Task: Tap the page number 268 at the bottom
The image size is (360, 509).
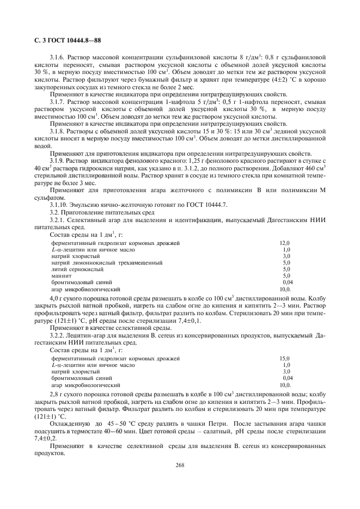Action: (x=180, y=465)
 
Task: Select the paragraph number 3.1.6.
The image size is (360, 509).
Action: (x=57, y=57)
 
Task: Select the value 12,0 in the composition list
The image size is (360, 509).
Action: (x=285, y=243)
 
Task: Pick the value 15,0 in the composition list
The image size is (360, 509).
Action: (x=285, y=359)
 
